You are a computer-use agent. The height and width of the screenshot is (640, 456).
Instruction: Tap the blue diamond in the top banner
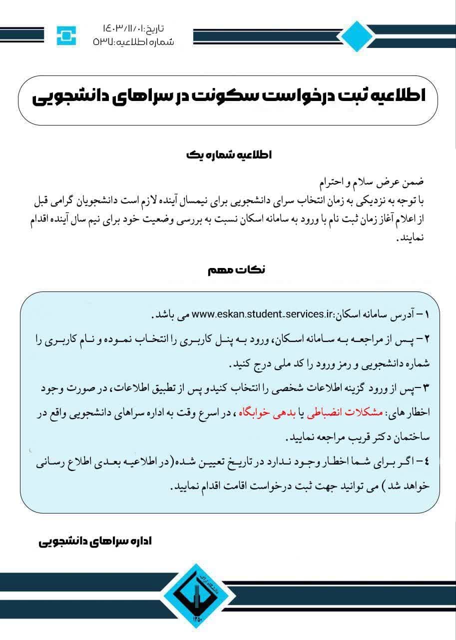pos(356,36)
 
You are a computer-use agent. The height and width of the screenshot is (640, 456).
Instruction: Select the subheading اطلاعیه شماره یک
pos(228,155)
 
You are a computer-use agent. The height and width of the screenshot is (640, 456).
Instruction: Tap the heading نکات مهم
pos(236,270)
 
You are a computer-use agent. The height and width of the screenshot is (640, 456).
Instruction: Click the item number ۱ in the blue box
pos(426,315)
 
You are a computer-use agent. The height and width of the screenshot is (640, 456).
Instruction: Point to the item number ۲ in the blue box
pos(426,339)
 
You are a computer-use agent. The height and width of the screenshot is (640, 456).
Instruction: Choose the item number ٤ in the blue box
pos(426,461)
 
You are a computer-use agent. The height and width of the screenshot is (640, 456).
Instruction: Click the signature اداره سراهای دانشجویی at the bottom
pos(95,542)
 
